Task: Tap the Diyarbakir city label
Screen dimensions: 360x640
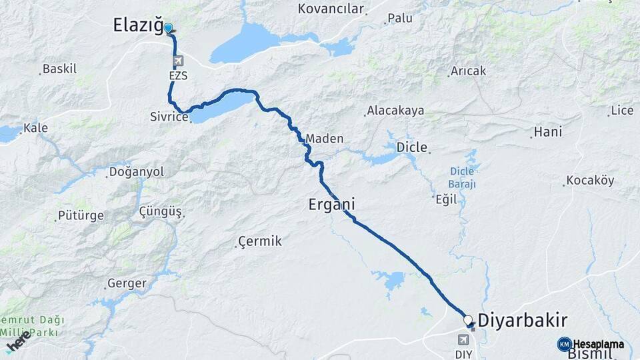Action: click(x=523, y=319)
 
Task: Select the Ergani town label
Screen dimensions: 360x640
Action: click(x=331, y=204)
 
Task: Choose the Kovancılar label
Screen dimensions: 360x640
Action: click(x=332, y=9)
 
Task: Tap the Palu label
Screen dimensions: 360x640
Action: click(x=401, y=18)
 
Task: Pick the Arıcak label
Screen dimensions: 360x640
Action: click(x=469, y=71)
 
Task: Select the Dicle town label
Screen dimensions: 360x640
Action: click(x=411, y=147)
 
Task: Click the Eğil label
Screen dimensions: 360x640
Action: click(x=445, y=198)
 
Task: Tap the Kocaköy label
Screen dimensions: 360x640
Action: click(x=590, y=181)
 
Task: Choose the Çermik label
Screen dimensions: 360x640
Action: click(x=261, y=241)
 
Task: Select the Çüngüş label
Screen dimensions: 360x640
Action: click(x=161, y=211)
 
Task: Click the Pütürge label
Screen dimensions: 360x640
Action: click(x=81, y=216)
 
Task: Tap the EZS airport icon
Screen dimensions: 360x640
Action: click(x=178, y=62)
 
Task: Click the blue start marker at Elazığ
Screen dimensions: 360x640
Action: click(x=169, y=28)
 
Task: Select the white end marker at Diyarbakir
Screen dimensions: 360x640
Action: click(x=468, y=320)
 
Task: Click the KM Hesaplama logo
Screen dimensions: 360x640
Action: click(x=592, y=344)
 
